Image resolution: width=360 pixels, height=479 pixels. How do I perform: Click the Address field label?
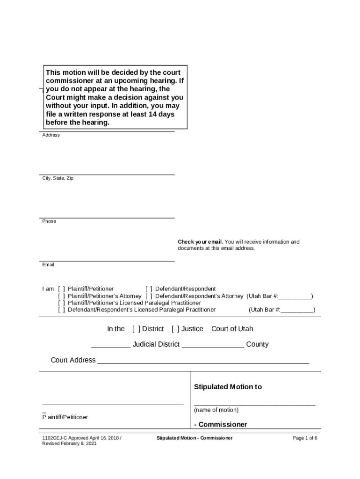coord(51,135)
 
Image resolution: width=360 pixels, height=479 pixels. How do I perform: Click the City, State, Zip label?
coord(58,178)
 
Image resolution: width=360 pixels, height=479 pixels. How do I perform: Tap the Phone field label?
coord(49,221)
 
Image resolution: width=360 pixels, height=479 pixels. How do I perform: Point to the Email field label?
coord(48,265)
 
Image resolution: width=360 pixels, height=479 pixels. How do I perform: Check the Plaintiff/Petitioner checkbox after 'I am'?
coord(61,289)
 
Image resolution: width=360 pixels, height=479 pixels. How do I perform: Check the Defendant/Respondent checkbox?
coord(149,289)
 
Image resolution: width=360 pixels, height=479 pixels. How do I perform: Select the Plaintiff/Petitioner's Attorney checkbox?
coord(61,296)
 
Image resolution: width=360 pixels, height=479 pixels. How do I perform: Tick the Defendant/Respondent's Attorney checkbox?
coord(149,296)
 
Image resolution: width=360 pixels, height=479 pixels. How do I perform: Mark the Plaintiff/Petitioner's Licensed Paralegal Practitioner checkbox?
coord(61,303)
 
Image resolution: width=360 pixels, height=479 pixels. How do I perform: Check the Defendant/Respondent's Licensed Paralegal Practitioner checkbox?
coord(61,310)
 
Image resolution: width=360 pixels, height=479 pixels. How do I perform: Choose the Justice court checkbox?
coord(175,329)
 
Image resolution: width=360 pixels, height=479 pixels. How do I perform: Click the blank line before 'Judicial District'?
coord(111,347)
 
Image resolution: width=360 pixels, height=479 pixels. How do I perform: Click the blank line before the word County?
coord(213,347)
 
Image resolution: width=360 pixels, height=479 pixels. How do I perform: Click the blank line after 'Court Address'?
coord(203,363)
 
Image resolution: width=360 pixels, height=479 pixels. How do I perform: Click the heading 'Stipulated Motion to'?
coord(228,387)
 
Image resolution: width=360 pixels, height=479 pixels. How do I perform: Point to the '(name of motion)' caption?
coord(216,410)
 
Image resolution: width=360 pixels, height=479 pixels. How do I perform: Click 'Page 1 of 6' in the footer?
coord(305,438)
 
